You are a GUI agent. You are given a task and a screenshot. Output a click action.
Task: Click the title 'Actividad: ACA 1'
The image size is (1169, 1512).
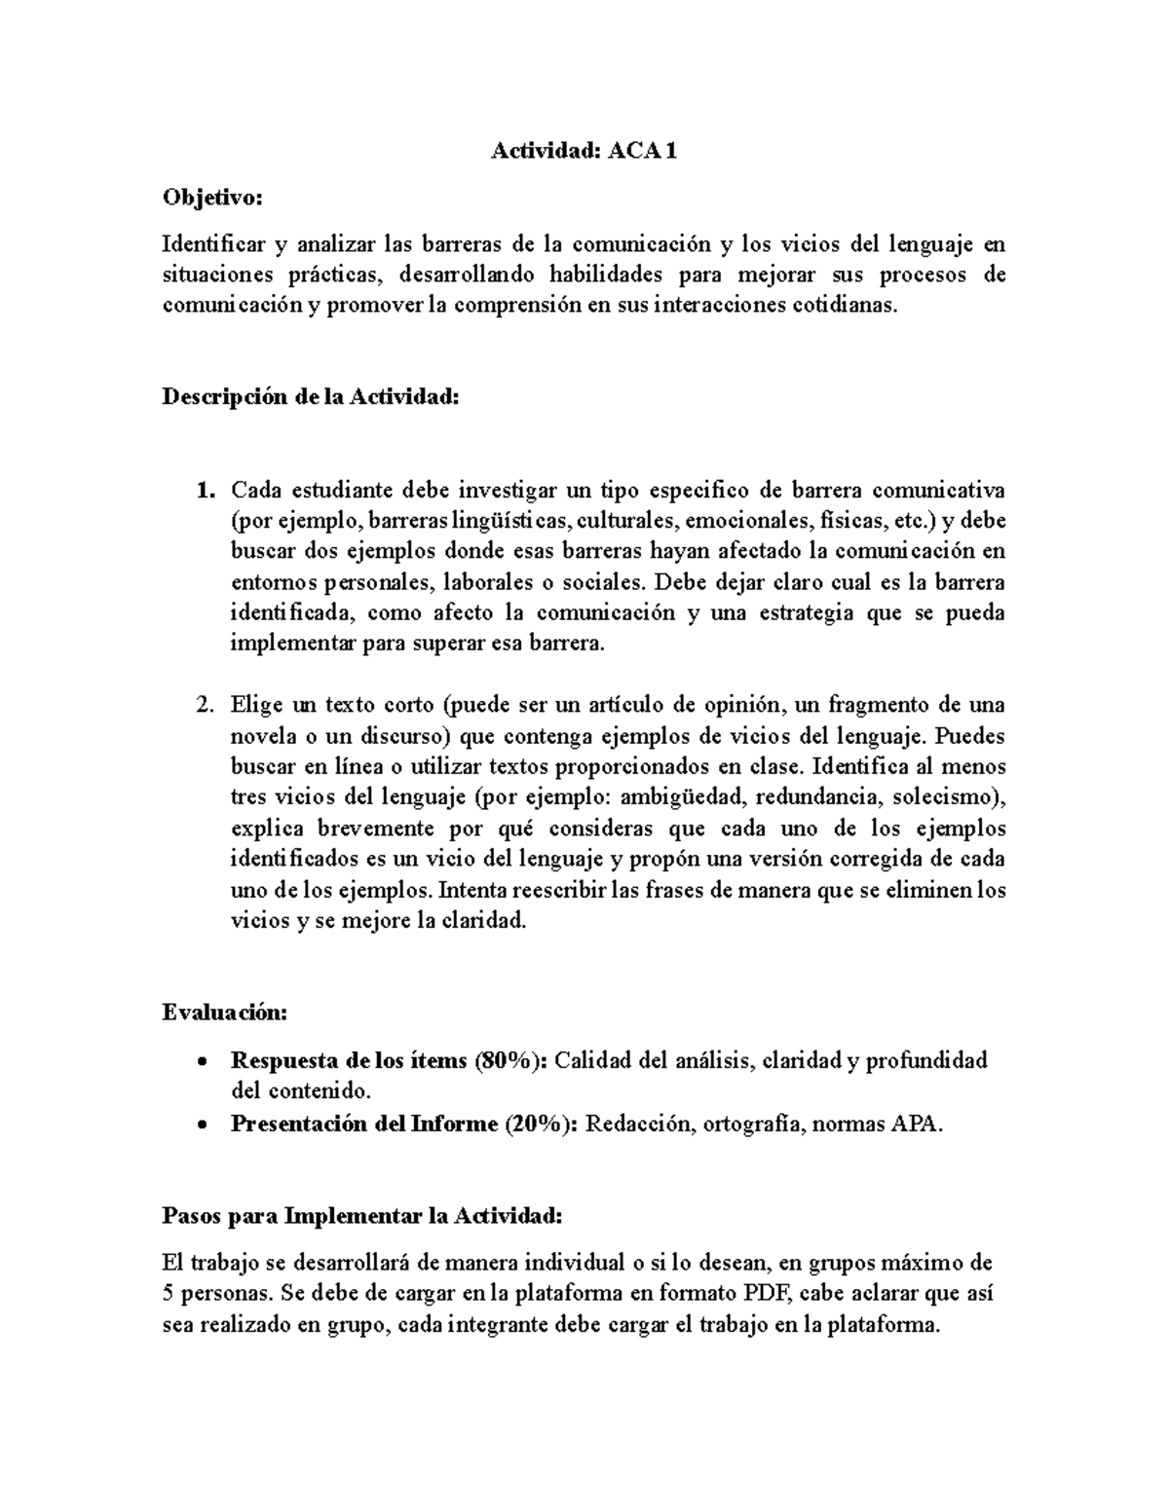pos(583,151)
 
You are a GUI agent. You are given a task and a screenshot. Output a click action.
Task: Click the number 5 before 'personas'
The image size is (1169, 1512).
pos(168,1295)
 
